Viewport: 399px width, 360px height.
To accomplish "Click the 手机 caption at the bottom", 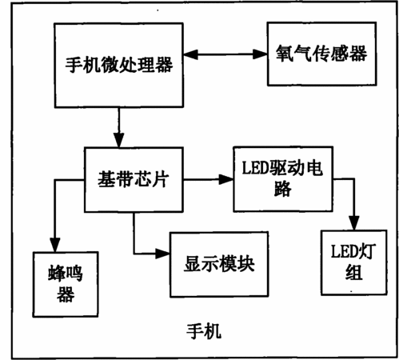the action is (204, 331).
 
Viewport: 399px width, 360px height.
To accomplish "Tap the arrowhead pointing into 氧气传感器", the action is (260, 54).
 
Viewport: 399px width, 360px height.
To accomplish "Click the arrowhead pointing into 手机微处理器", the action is (191, 54).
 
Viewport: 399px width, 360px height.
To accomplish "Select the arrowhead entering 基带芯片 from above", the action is (119, 140).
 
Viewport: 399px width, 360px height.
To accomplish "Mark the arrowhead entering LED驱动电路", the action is (225, 179).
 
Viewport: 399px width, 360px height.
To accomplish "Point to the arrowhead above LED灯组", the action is (354, 223).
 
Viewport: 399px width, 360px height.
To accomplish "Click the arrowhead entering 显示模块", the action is (162, 254).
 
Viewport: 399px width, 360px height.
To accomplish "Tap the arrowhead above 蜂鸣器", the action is (55, 245).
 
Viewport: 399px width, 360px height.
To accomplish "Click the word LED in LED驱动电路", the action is (255, 168).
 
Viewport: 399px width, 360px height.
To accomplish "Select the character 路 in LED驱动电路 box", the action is (282, 190).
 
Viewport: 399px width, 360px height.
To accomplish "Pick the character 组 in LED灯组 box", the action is (354, 273).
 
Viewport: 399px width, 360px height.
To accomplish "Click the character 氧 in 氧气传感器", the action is (285, 54).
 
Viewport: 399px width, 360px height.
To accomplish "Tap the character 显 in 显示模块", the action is (193, 264).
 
